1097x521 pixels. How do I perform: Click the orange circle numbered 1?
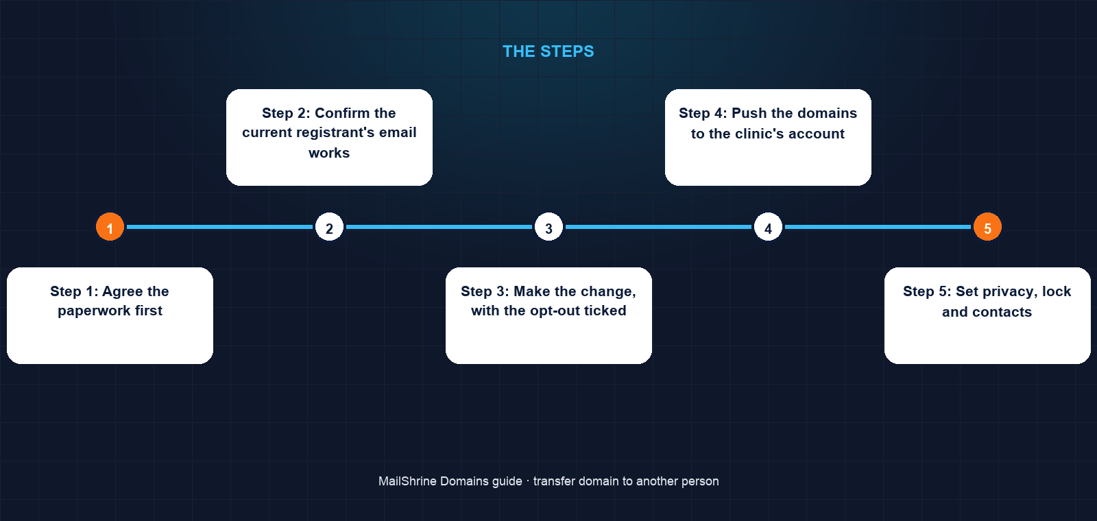click(110, 227)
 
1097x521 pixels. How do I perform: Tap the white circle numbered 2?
click(329, 227)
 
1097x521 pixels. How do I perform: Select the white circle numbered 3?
click(548, 227)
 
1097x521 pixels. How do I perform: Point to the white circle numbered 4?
click(768, 227)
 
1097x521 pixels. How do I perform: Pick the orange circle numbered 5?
click(987, 227)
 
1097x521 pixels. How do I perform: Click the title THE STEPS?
click(548, 51)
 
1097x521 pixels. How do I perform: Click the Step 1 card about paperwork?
click(110, 315)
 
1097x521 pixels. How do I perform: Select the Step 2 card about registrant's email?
click(329, 137)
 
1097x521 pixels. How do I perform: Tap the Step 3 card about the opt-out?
click(548, 315)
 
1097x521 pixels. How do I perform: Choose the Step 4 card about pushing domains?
click(768, 137)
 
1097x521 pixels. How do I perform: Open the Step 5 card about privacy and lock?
click(987, 315)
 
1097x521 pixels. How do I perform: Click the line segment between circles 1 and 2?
click(219, 227)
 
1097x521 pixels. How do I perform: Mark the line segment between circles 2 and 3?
click(439, 227)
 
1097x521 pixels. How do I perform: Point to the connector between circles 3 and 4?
click(658, 227)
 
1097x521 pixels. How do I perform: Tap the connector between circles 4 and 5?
click(878, 227)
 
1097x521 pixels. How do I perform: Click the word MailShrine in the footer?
click(407, 481)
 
